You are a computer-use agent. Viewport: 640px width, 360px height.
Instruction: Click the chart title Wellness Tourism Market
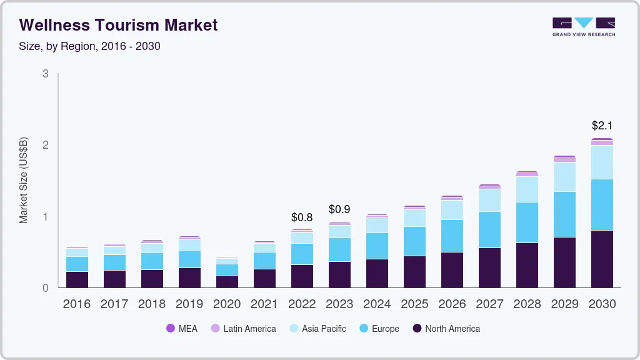pos(119,25)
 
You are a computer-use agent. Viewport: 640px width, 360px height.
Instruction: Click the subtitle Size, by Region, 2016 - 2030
pos(90,46)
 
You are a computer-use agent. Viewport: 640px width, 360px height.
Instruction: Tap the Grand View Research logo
pos(583,26)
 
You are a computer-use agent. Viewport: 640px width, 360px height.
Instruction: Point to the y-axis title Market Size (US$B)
pos(24,180)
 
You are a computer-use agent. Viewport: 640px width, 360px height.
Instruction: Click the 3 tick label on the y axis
pos(45,74)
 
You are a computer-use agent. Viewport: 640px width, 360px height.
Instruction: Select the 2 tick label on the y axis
pos(45,145)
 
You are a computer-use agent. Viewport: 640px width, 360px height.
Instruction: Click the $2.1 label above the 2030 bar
pos(602,126)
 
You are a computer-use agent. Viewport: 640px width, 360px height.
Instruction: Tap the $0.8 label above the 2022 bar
pos(302,217)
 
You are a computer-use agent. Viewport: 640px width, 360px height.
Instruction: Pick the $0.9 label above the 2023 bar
pos(339,209)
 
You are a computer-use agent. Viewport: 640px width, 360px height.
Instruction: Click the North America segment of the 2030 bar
pos(602,259)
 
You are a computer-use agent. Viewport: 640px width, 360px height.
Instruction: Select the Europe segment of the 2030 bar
pos(602,204)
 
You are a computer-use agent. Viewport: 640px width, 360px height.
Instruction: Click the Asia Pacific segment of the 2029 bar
pos(564,177)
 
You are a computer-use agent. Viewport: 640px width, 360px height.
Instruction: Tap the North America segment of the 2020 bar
pos(227,281)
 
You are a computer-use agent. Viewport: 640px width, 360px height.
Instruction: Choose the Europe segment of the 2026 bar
pos(452,236)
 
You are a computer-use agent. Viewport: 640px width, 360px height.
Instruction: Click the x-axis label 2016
pos(77,304)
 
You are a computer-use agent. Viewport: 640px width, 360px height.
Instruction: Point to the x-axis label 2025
pos(414,304)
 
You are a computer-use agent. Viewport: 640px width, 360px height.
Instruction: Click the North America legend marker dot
pos(417,329)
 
